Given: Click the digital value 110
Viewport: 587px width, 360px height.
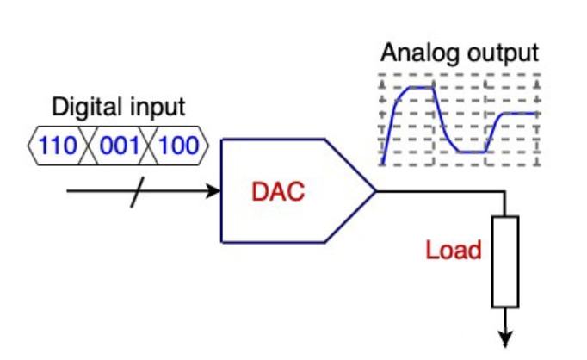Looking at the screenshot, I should pos(58,144).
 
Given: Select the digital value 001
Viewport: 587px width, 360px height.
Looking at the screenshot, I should pos(120,144).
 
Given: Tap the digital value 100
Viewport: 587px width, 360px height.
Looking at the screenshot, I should pos(179,144).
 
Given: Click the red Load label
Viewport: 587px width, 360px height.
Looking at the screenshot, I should pos(453,253).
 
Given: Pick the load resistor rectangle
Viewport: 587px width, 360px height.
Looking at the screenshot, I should pos(505,261).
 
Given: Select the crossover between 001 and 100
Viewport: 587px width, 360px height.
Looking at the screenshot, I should pos(149,144).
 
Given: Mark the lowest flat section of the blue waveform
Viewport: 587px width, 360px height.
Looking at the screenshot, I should pos(473,152).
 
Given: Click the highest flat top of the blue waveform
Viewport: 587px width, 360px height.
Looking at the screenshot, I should pos(419,87).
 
